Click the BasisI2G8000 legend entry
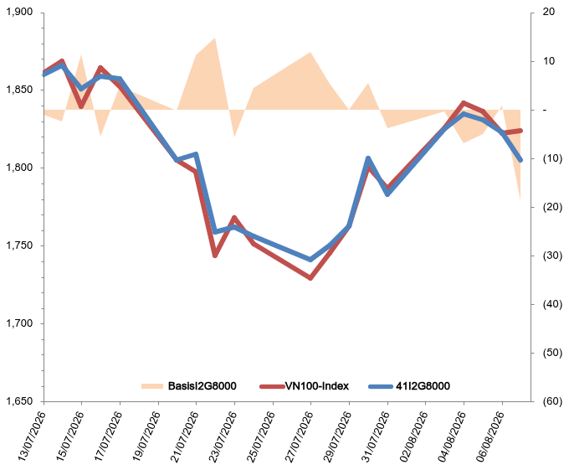189,385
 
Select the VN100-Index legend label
317,385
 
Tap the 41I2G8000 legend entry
423,385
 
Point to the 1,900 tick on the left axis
19,12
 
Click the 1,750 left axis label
19,245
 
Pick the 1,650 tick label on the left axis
19,401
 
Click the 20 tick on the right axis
549,12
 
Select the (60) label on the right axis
552,401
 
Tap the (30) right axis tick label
552,256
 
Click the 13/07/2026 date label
32,436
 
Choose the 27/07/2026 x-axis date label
299,436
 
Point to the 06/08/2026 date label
490,436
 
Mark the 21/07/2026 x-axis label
184,436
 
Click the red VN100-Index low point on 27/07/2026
310,278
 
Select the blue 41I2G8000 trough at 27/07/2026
310,260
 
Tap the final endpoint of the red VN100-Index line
520,131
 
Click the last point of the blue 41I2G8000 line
520,160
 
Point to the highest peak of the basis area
215,38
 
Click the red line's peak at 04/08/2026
464,103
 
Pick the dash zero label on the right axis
545,110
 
